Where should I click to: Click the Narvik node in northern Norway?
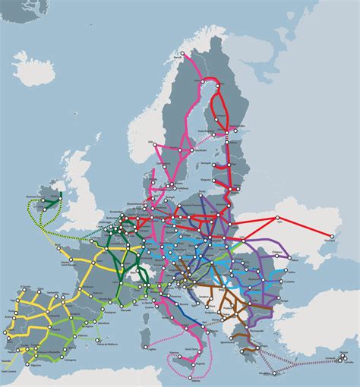(x=182, y=55)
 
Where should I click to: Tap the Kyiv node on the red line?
(x=277, y=219)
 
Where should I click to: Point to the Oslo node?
(x=155, y=145)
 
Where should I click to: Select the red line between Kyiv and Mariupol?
(x=304, y=227)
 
